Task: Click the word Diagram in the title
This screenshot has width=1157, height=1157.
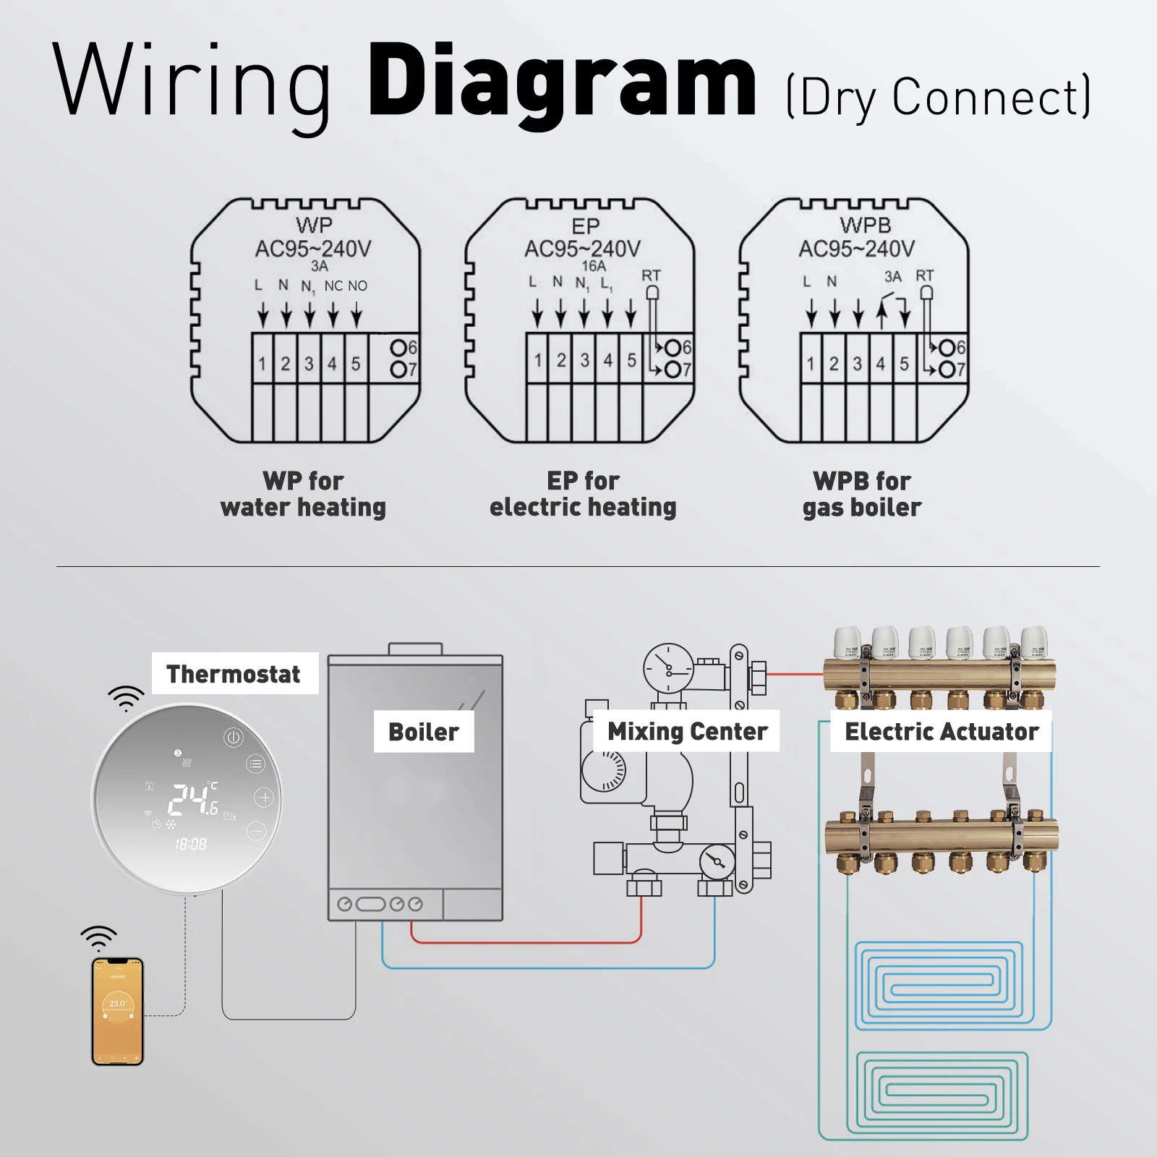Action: tap(563, 81)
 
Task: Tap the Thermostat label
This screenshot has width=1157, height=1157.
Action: tap(234, 674)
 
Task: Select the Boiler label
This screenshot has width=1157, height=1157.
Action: tap(423, 732)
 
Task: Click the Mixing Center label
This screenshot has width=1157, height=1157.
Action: tap(687, 732)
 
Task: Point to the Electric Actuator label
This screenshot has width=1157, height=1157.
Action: tap(942, 732)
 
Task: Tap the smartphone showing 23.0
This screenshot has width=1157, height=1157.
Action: tap(118, 1011)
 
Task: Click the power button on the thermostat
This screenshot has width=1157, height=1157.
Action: tap(233, 738)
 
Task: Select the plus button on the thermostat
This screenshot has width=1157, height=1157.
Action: tap(264, 798)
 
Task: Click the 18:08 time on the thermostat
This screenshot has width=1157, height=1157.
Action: tap(191, 844)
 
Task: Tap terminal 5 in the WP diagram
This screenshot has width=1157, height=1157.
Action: tap(356, 363)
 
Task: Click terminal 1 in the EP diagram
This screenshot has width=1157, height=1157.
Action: tap(538, 360)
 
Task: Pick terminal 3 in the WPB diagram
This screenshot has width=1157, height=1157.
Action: tap(858, 363)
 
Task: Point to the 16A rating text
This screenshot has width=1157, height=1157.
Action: tap(594, 266)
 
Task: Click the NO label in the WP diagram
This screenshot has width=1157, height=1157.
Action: tap(357, 286)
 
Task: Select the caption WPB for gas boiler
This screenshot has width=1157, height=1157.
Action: tap(862, 494)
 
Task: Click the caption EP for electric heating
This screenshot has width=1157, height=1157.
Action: tap(583, 494)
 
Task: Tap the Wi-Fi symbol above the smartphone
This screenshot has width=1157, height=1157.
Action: tap(98, 937)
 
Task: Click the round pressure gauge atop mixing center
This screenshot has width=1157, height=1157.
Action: tap(668, 668)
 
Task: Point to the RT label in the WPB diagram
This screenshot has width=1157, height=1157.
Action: tap(924, 276)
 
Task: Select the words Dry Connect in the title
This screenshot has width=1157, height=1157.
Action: tap(939, 97)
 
